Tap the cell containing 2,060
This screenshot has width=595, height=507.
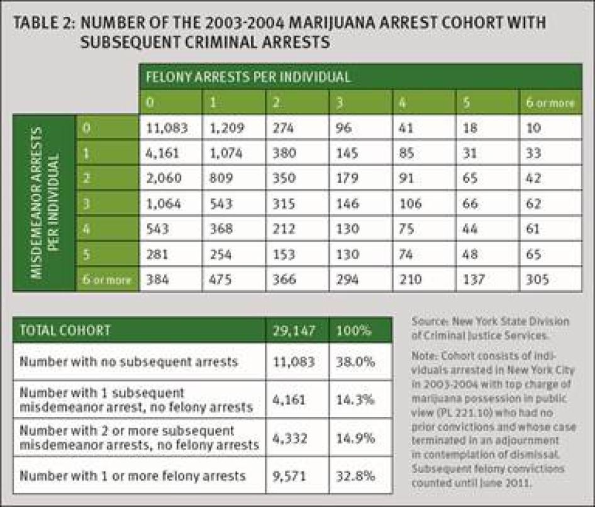164,178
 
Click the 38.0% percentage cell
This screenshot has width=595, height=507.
353,362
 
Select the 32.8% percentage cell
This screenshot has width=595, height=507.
353,476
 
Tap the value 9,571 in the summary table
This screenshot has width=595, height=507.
293,476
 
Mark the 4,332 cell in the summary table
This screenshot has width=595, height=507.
293,438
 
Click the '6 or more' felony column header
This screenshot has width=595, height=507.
550,102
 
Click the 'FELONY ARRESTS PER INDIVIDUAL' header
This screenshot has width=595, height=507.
248,77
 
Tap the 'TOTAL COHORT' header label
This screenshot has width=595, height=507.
65,330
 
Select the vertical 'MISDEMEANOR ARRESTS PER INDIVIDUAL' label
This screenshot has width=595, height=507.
44,203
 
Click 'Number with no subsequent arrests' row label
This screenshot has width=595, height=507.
128,362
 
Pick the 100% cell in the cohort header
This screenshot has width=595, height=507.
353,330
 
